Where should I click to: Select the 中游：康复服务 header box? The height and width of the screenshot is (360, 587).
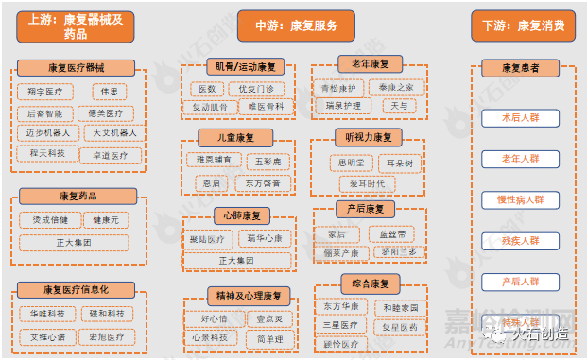pos(293,26)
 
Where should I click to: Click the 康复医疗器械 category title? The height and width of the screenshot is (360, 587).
pos(76,68)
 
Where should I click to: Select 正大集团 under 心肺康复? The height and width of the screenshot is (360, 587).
pos(236,260)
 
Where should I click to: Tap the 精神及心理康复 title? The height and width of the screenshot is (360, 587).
pos(246,296)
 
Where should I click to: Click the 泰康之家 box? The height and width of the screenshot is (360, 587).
pos(397,88)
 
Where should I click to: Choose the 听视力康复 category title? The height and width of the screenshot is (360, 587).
pos(369,137)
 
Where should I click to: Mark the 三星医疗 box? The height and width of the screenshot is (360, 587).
pos(340,325)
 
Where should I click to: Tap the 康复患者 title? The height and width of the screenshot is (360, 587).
pos(520,68)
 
